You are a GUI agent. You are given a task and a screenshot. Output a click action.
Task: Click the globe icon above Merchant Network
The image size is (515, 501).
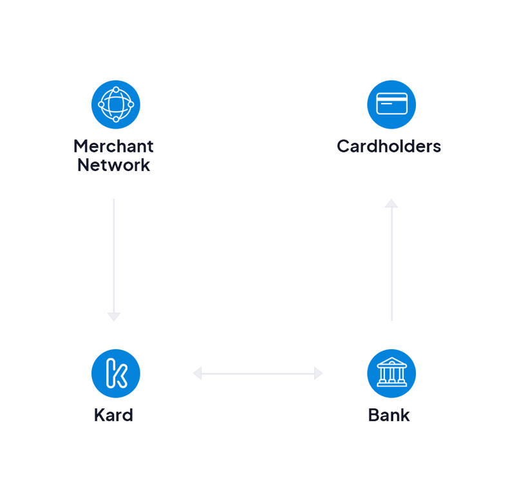(x=116, y=104)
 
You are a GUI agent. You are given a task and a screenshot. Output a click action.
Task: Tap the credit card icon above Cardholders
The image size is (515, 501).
(x=391, y=104)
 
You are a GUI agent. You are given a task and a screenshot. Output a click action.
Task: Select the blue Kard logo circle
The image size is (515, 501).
(x=116, y=374)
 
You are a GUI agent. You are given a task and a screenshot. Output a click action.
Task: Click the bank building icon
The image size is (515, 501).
(x=391, y=374)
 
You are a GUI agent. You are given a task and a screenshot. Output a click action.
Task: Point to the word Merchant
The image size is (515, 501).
(x=113, y=146)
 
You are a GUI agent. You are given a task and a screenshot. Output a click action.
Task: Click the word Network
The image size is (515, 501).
(x=113, y=165)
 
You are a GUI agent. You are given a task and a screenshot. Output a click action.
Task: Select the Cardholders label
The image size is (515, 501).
(x=389, y=146)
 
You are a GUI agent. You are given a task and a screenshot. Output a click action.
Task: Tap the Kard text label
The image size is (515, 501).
(x=113, y=415)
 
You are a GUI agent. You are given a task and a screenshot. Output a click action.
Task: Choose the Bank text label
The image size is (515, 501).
(x=389, y=415)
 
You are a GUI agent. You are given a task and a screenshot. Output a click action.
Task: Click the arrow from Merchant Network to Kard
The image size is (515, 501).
(x=114, y=257)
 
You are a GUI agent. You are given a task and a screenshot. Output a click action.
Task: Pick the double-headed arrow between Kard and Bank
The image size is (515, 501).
(x=257, y=373)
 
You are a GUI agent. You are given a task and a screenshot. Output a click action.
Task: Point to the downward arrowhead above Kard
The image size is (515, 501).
(x=114, y=316)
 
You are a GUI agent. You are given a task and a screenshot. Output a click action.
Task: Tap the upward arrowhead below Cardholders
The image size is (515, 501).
(x=391, y=203)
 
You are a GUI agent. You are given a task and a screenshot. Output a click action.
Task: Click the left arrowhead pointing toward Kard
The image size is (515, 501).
(x=198, y=373)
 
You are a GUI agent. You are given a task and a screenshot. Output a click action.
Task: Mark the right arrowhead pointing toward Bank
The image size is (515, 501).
(x=318, y=373)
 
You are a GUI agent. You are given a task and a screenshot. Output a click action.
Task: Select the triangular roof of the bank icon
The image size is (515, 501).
(x=391, y=364)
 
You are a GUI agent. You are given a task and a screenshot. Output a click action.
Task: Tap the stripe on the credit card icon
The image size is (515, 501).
(x=391, y=100)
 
